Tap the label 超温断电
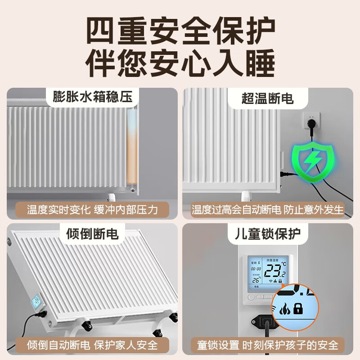pos(267,97)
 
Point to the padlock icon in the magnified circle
pos(298,309)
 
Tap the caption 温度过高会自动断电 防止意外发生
pos(267,209)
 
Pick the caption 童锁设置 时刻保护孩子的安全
pos(267,345)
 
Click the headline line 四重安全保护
pos(180,29)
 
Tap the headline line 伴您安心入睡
pos(180,63)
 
